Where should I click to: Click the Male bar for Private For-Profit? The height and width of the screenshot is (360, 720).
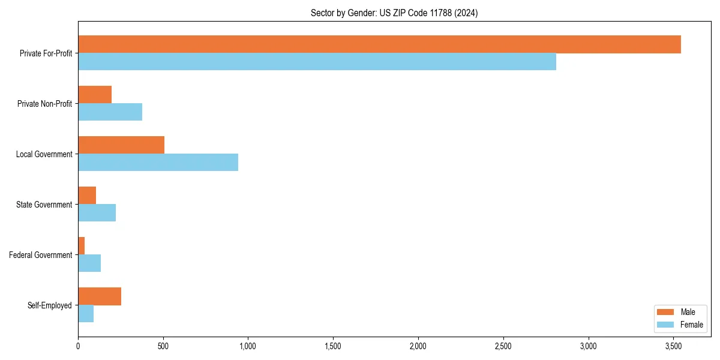(379, 44)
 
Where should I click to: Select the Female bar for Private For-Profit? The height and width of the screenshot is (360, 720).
(317, 62)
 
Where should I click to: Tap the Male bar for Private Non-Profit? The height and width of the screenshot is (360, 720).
(95, 95)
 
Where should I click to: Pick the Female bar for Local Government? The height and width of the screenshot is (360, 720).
(158, 163)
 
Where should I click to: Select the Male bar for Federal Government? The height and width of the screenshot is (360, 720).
(82, 246)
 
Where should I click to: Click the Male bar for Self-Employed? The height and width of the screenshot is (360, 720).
(100, 296)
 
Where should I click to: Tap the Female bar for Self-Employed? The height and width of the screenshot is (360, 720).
(86, 314)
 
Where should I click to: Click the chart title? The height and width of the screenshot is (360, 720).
(394, 13)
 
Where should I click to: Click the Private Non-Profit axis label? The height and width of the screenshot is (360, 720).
(44, 104)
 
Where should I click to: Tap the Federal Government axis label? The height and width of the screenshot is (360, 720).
(41, 255)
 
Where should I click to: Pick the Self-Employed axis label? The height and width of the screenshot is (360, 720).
(50, 305)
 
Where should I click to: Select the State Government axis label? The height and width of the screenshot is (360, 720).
(44, 205)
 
